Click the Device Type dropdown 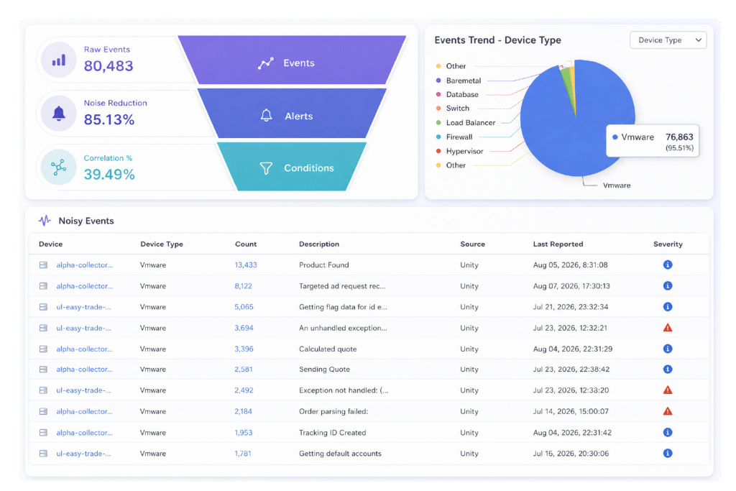pyautogui.click(x=668, y=40)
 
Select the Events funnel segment pyautogui.click(x=292, y=60)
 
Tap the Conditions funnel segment pyautogui.click(x=292, y=167)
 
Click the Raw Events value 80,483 pyautogui.click(x=109, y=65)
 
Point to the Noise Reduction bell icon pyautogui.click(x=59, y=113)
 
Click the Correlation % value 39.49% pyautogui.click(x=109, y=174)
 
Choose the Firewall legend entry pyautogui.click(x=454, y=137)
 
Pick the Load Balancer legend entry pyautogui.click(x=466, y=122)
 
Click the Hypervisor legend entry pyautogui.click(x=459, y=151)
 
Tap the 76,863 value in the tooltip pyautogui.click(x=679, y=137)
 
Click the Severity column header pyautogui.click(x=668, y=244)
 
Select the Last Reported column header pyautogui.click(x=558, y=244)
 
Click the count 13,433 pyautogui.click(x=246, y=265)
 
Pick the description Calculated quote pyautogui.click(x=328, y=349)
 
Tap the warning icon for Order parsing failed pyautogui.click(x=668, y=411)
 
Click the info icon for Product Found pyautogui.click(x=668, y=265)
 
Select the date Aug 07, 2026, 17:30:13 pyautogui.click(x=571, y=286)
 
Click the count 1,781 pyautogui.click(x=243, y=454)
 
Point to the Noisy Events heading pyautogui.click(x=86, y=221)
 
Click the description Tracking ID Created pyautogui.click(x=332, y=432)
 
